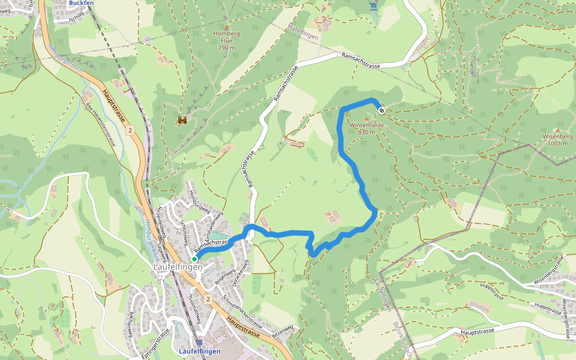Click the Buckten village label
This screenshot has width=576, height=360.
81,3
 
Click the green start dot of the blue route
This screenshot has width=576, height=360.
194,259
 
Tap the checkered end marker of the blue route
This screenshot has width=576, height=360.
381,110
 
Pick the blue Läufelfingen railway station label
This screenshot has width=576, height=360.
200,351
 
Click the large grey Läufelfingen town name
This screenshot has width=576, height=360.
178,267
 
